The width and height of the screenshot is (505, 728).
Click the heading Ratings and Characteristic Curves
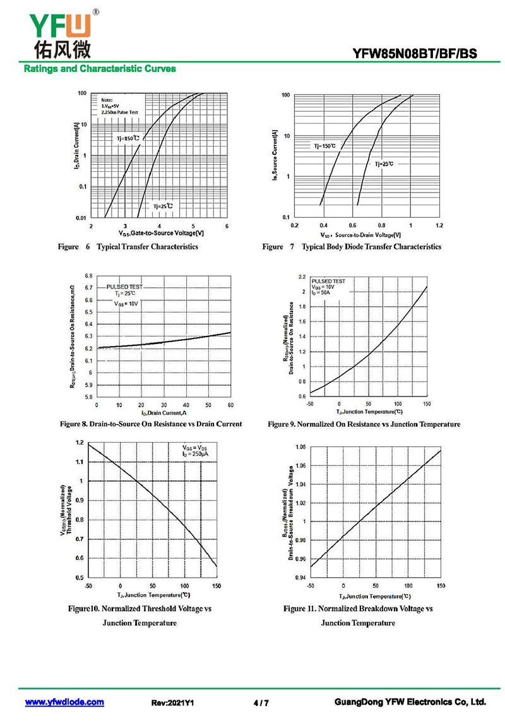pos(100,69)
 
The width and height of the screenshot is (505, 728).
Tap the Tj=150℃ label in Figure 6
pos(129,138)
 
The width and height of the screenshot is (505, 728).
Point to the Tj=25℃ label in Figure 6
pos(162,206)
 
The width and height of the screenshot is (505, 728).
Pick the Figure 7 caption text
pos(352,247)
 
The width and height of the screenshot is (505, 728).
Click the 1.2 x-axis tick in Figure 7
pos(439,225)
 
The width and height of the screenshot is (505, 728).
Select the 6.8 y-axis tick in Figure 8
pos(88,277)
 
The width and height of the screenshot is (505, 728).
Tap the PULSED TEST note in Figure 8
pos(124,287)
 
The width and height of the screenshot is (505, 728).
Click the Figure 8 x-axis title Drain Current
pos(163,413)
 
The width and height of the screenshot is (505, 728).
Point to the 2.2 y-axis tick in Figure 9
pos(302,277)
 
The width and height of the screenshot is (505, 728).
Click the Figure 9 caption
pos(364,424)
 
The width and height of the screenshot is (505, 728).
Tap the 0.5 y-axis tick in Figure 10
pos(79,578)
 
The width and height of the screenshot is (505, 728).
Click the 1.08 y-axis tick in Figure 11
pos(300,447)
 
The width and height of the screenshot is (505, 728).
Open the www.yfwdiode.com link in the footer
pos(64,702)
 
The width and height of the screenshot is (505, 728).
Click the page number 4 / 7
pos(261,703)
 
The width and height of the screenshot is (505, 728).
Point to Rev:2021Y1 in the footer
pos(173,703)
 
